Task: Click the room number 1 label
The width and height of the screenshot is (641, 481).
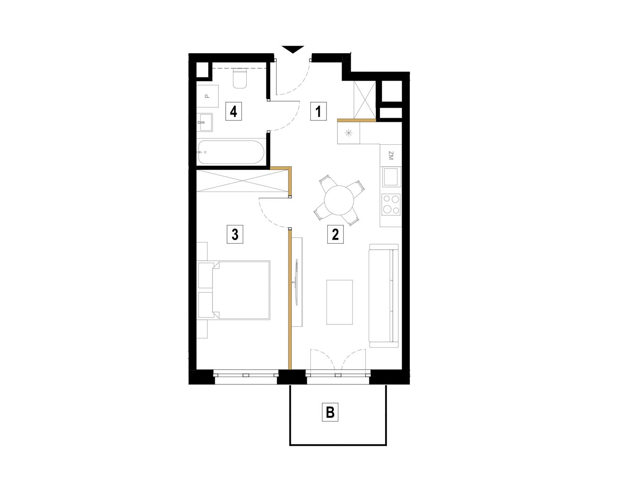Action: point(318,111)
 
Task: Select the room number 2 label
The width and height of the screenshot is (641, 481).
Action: point(335,234)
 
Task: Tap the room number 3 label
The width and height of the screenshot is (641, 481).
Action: point(235,234)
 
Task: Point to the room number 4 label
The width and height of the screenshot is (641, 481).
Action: point(234,111)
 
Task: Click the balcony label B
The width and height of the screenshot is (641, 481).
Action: point(330,412)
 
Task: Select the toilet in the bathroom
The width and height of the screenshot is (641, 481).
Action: point(240,78)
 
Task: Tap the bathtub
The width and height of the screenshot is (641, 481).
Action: point(231,152)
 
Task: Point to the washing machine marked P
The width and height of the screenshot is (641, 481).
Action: point(207,96)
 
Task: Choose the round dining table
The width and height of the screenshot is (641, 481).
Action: point(339,200)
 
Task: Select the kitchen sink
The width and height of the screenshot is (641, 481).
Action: point(391,176)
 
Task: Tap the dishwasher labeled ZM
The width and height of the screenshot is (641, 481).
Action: point(391,155)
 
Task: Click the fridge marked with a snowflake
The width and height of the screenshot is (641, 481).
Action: point(348,133)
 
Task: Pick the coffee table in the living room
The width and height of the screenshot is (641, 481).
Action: point(339,302)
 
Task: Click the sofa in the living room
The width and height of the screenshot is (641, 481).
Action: point(384,295)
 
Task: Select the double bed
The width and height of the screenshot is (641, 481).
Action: point(234,290)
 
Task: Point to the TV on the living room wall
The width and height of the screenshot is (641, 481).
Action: point(297,282)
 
